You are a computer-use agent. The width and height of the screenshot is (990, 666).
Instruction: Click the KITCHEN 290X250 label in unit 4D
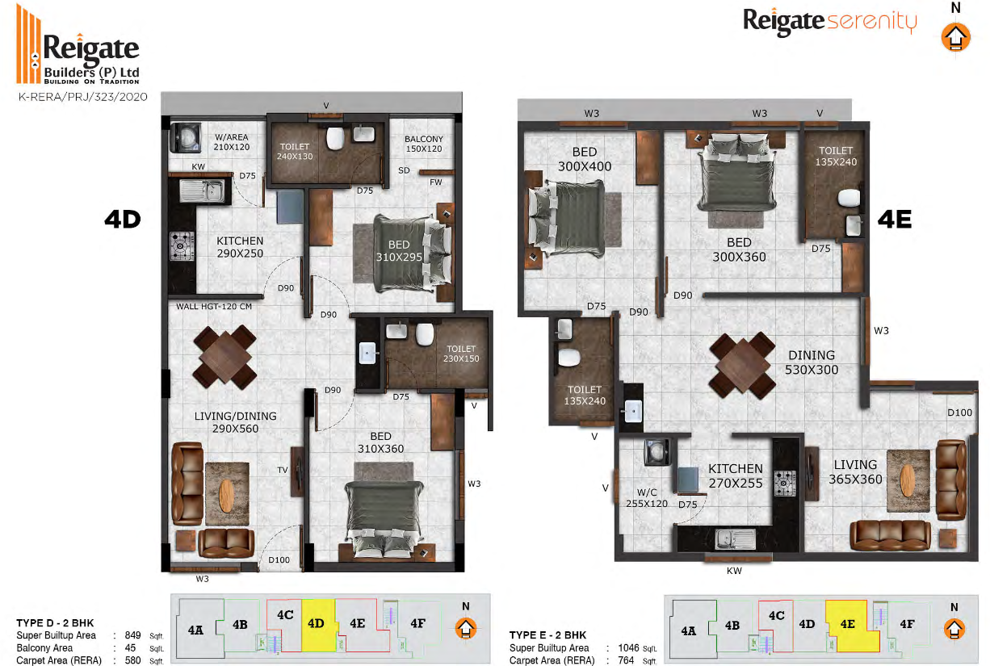tap(240, 247)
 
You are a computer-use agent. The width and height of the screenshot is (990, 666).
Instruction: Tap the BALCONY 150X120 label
tap(424, 144)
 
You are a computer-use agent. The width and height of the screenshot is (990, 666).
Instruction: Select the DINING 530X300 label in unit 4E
tap(812, 362)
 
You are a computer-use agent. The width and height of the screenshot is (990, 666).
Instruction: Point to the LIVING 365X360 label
tap(855, 471)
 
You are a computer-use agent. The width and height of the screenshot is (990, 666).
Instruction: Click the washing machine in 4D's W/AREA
tap(185, 137)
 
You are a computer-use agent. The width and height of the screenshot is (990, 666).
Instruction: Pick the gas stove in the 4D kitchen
tap(182, 245)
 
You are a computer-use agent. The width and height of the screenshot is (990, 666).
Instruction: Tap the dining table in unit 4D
tap(225, 357)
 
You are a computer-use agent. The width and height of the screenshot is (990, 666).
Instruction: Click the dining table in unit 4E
tap(742, 364)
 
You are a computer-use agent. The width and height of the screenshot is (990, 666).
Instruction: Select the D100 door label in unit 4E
tap(959, 413)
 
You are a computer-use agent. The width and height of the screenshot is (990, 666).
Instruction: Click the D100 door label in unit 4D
tap(279, 560)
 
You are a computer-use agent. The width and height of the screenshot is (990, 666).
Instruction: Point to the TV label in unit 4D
tap(283, 470)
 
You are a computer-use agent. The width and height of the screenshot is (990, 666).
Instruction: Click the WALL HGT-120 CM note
tap(214, 306)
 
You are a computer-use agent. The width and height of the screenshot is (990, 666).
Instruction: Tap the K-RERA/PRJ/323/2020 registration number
tap(82, 97)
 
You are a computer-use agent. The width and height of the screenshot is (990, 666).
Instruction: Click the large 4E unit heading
tap(895, 220)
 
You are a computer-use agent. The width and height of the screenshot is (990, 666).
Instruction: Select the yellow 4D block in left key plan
tap(319, 625)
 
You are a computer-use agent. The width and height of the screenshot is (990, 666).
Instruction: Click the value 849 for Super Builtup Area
tap(132, 635)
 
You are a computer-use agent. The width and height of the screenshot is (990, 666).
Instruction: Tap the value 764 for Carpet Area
tap(626, 660)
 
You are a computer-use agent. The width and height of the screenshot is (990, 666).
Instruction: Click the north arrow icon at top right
tap(955, 37)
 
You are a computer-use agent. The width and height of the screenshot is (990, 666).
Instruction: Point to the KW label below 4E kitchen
tap(734, 571)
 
